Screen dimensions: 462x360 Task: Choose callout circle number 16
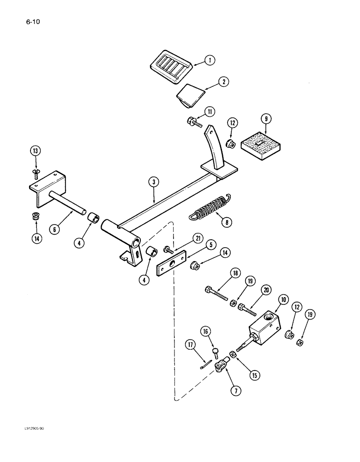click(205, 331)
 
